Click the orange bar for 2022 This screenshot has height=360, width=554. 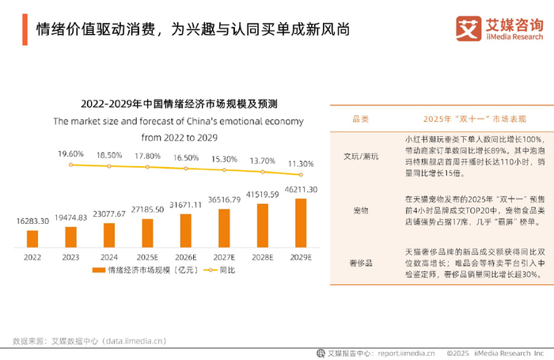click(x=32, y=237)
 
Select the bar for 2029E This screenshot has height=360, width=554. click(x=299, y=223)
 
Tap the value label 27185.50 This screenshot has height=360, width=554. click(x=146, y=210)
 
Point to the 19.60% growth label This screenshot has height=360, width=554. click(x=70, y=154)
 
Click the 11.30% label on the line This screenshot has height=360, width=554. click(x=299, y=163)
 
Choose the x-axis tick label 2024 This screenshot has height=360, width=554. click(x=108, y=257)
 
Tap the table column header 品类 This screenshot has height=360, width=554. click(x=360, y=119)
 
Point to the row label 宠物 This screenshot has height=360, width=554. click(x=360, y=210)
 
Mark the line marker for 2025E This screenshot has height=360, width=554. click(x=146, y=168)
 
